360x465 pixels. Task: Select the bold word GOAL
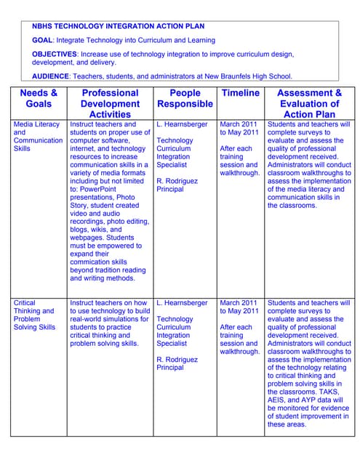click(42, 41)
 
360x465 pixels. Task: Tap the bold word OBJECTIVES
click(55, 54)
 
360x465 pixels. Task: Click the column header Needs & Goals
click(39, 98)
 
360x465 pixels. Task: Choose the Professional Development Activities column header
click(110, 103)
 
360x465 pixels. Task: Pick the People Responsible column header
click(185, 98)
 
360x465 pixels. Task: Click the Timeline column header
click(240, 93)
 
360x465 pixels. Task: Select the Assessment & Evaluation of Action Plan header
click(310, 103)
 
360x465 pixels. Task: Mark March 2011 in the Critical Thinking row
click(239, 303)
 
